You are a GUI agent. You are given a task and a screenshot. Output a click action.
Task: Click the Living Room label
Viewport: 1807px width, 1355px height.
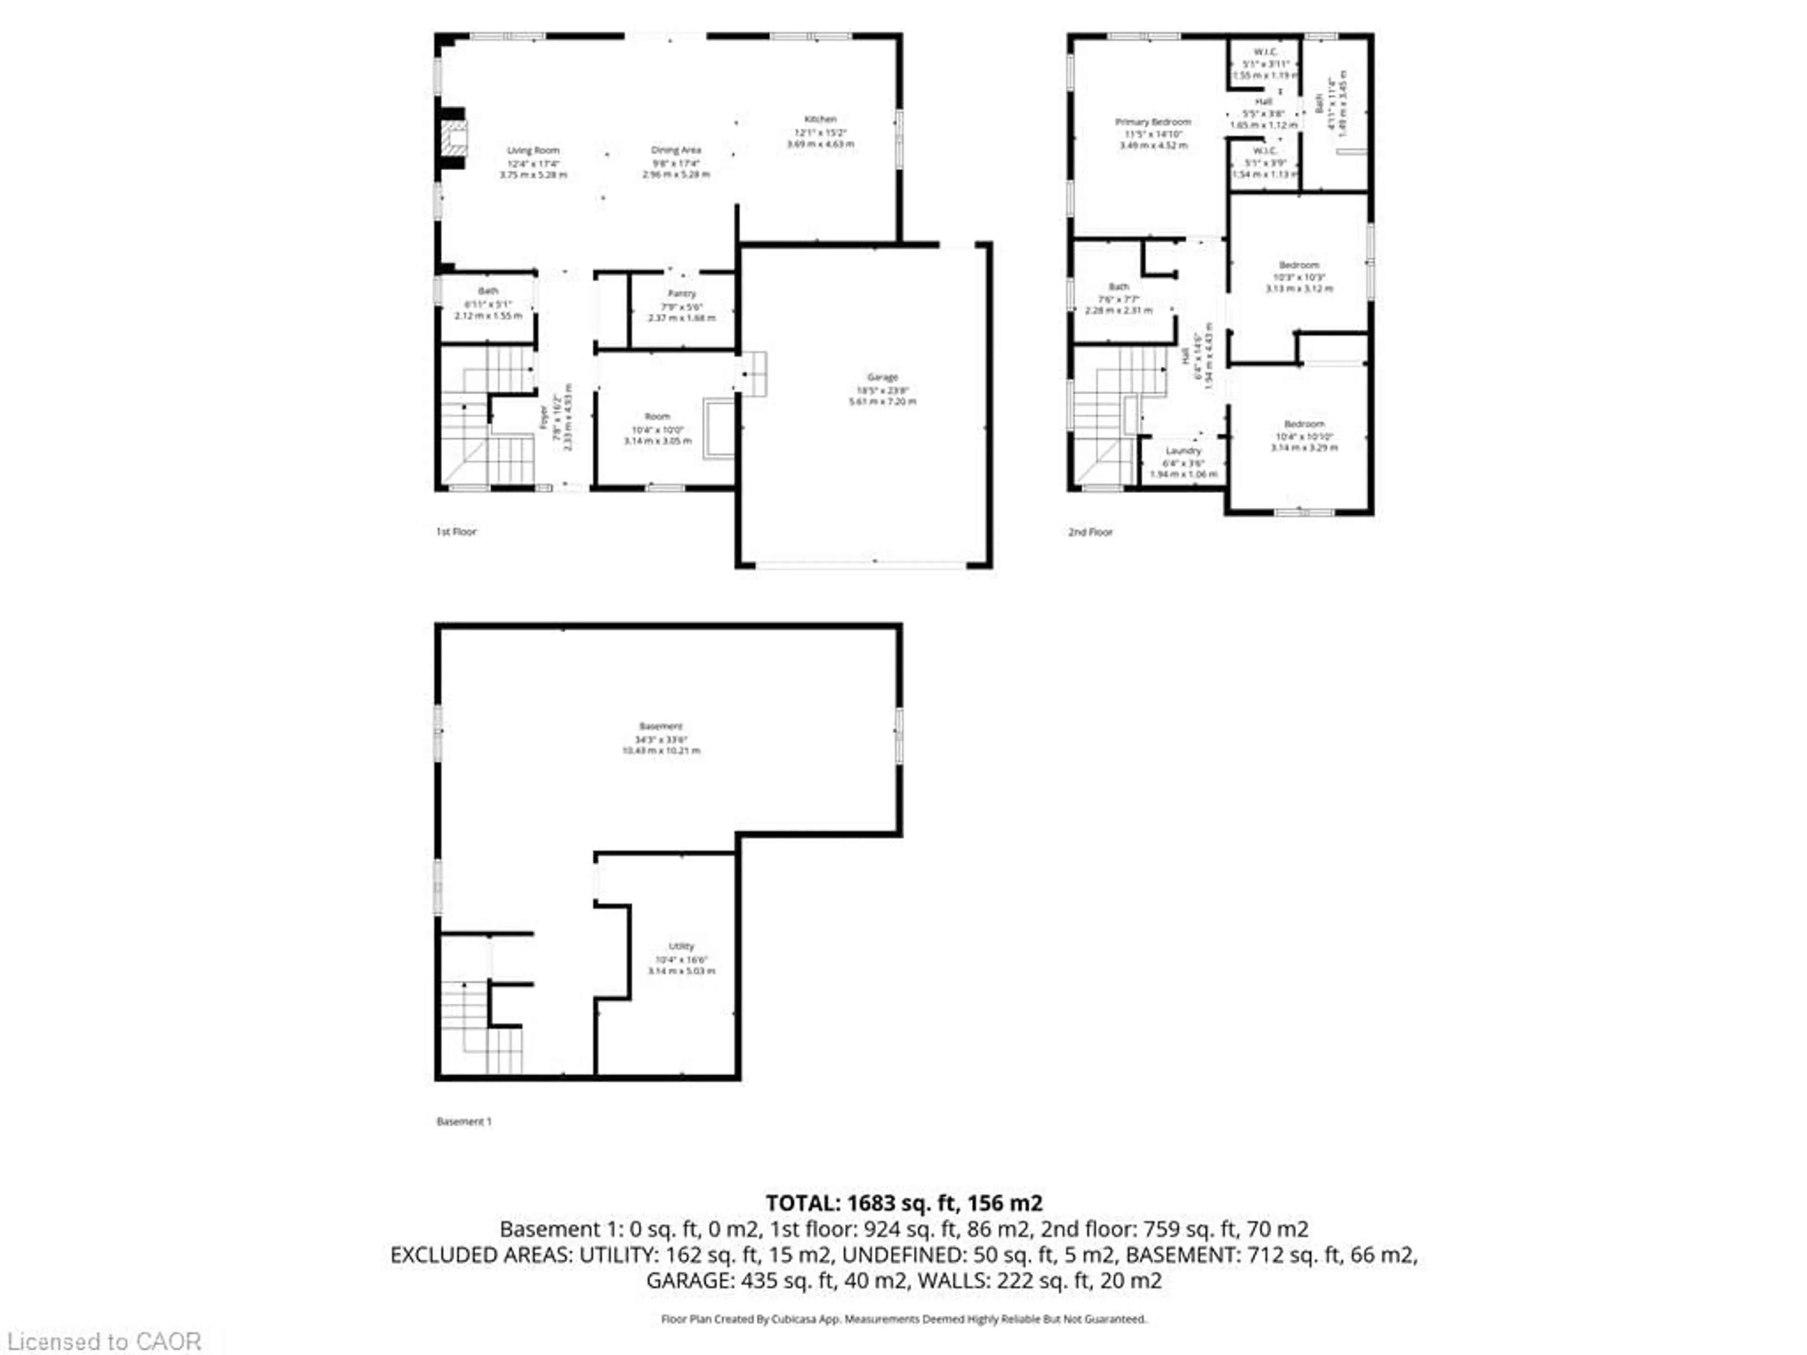click(x=533, y=150)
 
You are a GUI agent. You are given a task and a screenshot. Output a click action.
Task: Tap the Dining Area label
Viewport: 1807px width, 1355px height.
click(x=676, y=150)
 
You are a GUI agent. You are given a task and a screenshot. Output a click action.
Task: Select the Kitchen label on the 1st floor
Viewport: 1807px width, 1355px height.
click(x=820, y=119)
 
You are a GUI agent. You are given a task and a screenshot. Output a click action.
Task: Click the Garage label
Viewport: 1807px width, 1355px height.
click(x=882, y=377)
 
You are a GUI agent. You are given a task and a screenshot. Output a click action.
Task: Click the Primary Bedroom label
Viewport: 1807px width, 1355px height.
click(x=1152, y=122)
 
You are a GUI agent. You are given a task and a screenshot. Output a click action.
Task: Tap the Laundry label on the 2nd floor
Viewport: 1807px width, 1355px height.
click(x=1183, y=451)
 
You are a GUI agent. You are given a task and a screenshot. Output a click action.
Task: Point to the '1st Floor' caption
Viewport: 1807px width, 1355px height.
click(x=456, y=532)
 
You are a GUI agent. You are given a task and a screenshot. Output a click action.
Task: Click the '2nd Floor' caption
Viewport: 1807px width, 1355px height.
click(x=1090, y=532)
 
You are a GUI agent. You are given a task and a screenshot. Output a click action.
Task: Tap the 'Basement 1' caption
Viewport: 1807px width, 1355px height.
click(x=464, y=1122)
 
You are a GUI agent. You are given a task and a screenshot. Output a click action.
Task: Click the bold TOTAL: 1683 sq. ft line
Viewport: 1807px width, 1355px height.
click(x=903, y=1203)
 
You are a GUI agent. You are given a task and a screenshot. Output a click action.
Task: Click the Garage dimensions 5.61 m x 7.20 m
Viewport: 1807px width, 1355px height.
click(x=882, y=402)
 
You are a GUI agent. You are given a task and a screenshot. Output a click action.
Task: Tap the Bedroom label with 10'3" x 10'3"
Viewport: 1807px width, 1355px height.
click(x=1299, y=265)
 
